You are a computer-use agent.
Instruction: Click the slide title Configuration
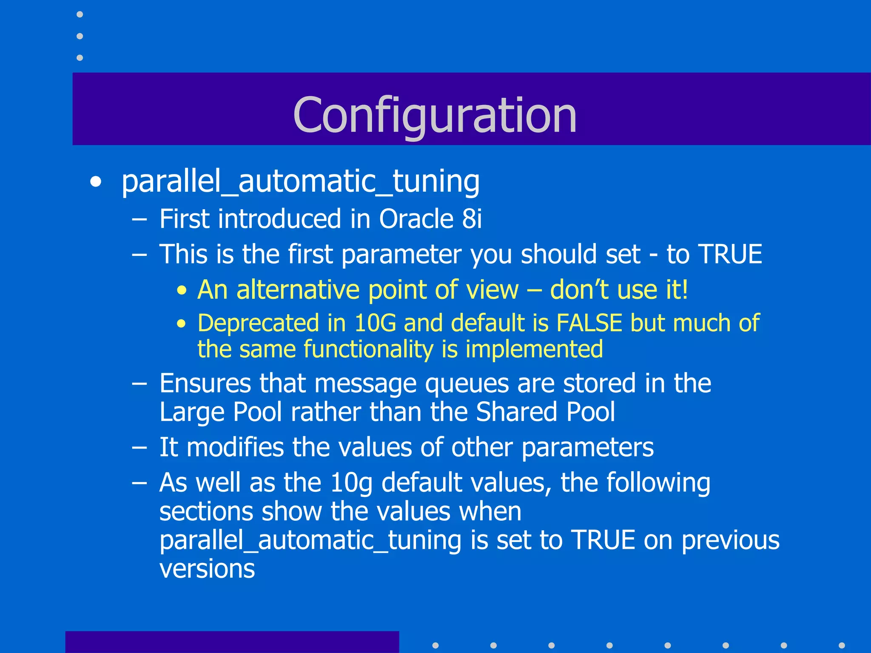point(435,115)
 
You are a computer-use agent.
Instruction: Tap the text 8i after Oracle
point(472,219)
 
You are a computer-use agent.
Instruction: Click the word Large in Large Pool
point(192,412)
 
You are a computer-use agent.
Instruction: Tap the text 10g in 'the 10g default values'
point(351,483)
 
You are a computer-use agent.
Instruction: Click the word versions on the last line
point(207,568)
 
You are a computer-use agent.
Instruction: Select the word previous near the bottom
point(731,541)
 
